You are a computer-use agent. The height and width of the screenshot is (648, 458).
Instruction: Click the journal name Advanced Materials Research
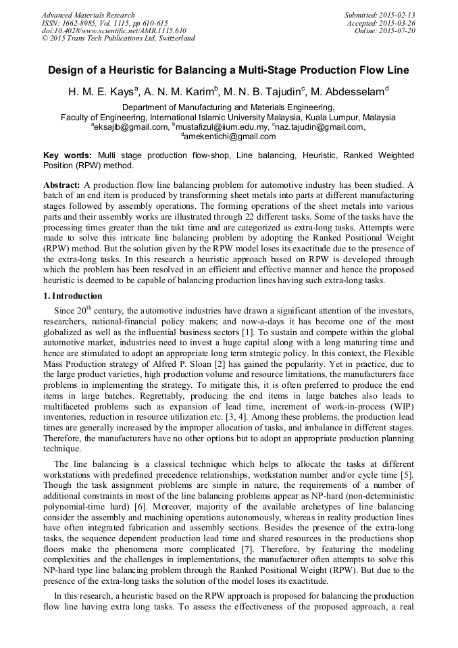point(88,15)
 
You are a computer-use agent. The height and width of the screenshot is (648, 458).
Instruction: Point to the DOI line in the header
point(113,30)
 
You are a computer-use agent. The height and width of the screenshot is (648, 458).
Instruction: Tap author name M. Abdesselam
point(351,91)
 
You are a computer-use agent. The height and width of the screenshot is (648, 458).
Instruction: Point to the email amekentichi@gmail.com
point(230,136)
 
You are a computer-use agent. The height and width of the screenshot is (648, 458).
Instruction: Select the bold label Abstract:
point(62,184)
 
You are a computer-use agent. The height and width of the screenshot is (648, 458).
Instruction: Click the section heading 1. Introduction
point(72,296)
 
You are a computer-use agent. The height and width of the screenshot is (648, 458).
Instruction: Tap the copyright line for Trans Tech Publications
point(118,39)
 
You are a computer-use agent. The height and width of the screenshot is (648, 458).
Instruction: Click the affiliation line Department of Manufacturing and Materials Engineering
point(228,107)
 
